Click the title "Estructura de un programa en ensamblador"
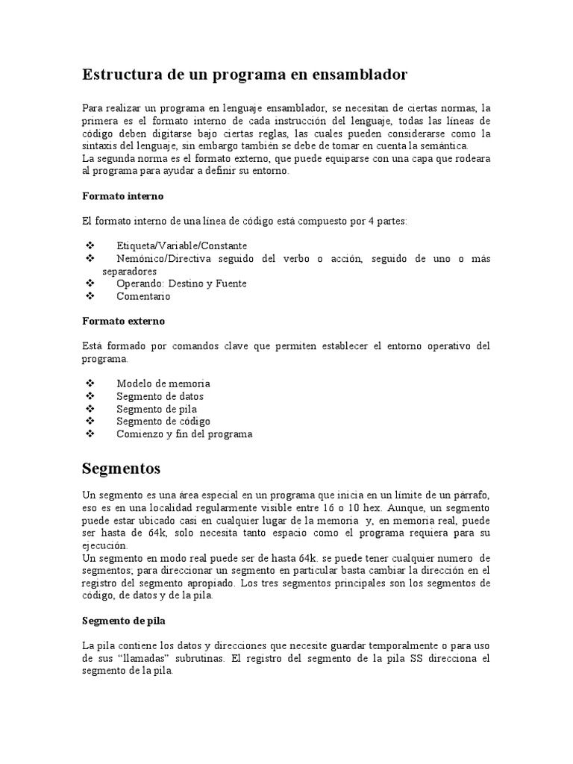pos(244,75)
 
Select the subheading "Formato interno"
pos(122,195)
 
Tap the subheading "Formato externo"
pos(123,321)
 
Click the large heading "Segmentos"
pos(121,469)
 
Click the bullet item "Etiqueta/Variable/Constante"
pos(181,245)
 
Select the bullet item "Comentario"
pos(143,296)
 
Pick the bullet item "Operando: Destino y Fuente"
pos(181,284)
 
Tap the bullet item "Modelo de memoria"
pos(163,383)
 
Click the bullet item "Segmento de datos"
pos(160,396)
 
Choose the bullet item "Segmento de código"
pos(163,422)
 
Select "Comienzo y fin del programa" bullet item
pos(184,434)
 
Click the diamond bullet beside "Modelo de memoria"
pos(91,383)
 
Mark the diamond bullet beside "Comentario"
pos(91,296)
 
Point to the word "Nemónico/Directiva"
pos(164,258)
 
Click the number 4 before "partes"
pos(371,221)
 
